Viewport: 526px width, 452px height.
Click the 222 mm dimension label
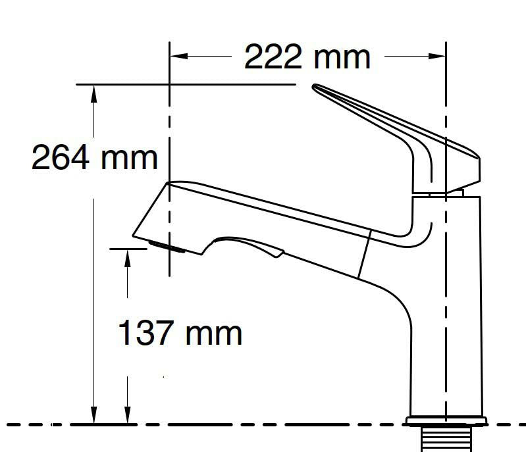tap(307, 57)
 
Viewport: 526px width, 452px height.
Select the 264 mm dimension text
tap(95, 158)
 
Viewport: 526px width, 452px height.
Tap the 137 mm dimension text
tap(180, 333)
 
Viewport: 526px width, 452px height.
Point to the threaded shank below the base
tap(446, 438)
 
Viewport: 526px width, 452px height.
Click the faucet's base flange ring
tap(446, 420)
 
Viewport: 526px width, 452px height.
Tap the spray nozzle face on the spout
tap(167, 247)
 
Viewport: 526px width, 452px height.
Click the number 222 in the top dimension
tap(273, 57)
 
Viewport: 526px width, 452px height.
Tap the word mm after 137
tap(213, 333)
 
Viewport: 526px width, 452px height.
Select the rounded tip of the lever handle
tap(317, 88)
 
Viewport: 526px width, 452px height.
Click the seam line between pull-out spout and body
tap(365, 253)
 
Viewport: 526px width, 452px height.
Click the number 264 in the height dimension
tap(61, 158)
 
